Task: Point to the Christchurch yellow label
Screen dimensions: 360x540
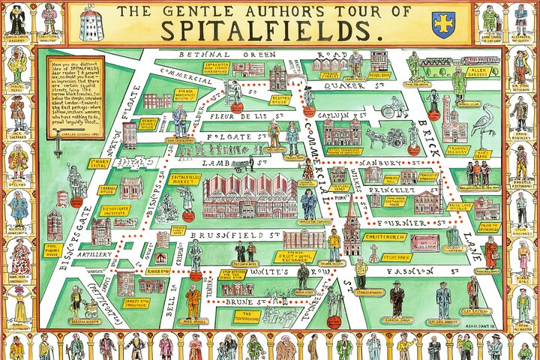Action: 385,237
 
